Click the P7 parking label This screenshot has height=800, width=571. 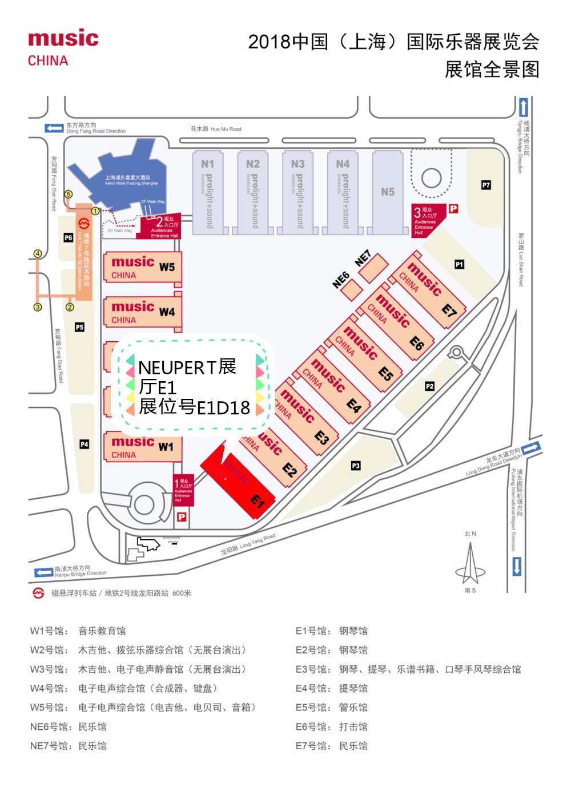[x=486, y=185]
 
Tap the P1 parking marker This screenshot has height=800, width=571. [x=459, y=264]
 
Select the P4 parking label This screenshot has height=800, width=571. [x=84, y=444]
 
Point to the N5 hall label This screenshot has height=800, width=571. [x=388, y=192]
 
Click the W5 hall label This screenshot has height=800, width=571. [x=167, y=267]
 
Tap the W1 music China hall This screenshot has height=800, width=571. [x=142, y=447]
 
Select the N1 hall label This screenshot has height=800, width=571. [x=207, y=164]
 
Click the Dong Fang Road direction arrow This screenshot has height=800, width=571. [x=54, y=128]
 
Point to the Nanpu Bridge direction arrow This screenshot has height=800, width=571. [x=43, y=572]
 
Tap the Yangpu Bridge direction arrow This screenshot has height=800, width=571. [x=523, y=107]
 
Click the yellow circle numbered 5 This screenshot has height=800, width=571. [x=69, y=194]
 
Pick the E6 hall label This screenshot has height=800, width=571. [x=416, y=342]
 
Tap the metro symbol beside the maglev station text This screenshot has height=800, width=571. [x=38, y=593]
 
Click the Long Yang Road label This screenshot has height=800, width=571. [x=248, y=544]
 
